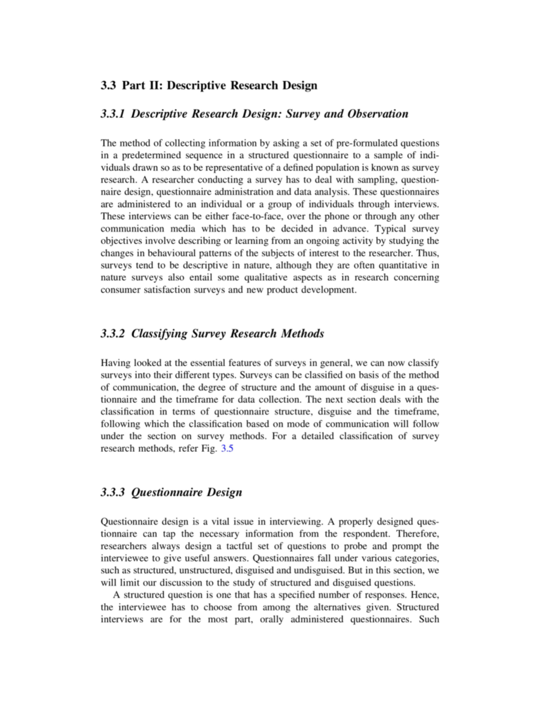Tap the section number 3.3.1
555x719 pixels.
coord(112,114)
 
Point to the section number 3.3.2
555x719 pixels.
coord(112,334)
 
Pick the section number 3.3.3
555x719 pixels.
coord(112,492)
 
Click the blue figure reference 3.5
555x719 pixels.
coord(227,448)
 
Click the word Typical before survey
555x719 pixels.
coord(390,229)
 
